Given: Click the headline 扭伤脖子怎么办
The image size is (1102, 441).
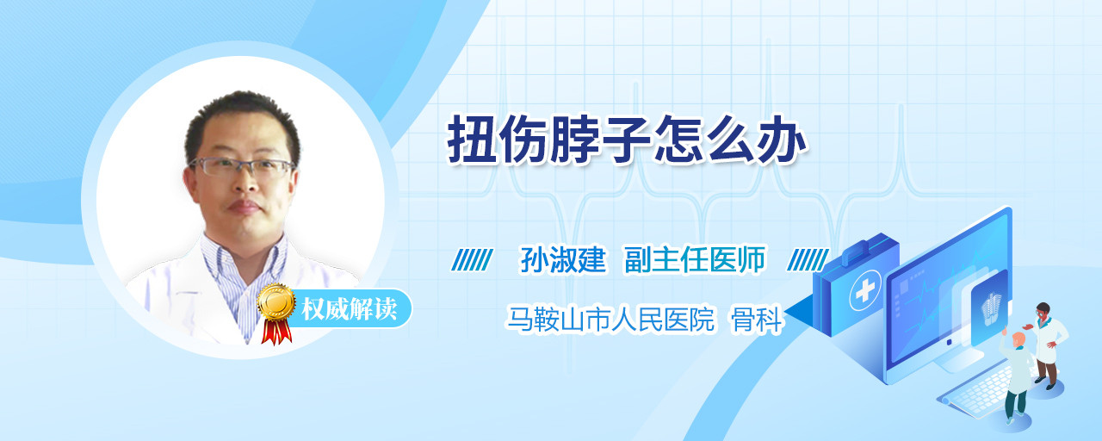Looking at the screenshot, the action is (627, 140).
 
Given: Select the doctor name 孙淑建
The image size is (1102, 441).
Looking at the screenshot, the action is (563, 259).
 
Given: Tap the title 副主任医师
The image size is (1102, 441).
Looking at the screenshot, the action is (695, 259).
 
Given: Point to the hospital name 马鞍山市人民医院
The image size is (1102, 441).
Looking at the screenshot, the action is (610, 319).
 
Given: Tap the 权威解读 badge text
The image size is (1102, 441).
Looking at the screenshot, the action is (350, 309).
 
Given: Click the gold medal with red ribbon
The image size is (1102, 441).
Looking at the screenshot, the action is (276, 313).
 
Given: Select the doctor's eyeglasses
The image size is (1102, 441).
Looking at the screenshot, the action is (242, 166).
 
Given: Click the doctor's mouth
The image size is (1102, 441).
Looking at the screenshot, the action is (243, 207).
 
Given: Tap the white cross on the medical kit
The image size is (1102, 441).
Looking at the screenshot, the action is (864, 291).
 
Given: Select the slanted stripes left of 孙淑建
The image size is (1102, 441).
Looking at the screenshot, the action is (472, 260).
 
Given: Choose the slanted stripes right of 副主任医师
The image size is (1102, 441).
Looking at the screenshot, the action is (808, 260).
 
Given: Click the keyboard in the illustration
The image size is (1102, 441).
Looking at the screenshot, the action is (979, 391).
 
